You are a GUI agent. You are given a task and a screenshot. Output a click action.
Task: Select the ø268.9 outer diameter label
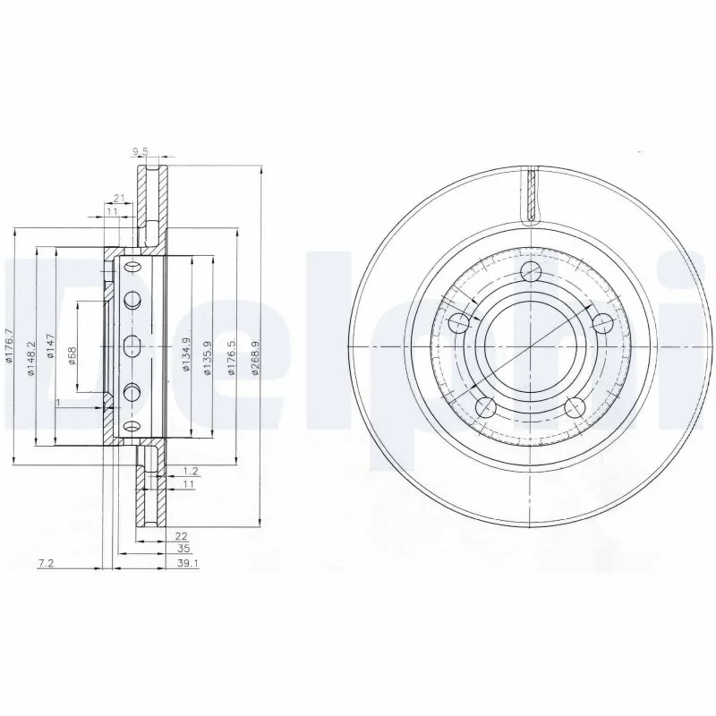255,360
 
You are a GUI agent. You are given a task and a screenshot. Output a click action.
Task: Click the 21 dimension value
119,199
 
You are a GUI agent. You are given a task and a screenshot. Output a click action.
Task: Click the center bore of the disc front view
514,345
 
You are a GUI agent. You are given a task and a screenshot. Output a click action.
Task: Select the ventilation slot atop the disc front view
531,195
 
